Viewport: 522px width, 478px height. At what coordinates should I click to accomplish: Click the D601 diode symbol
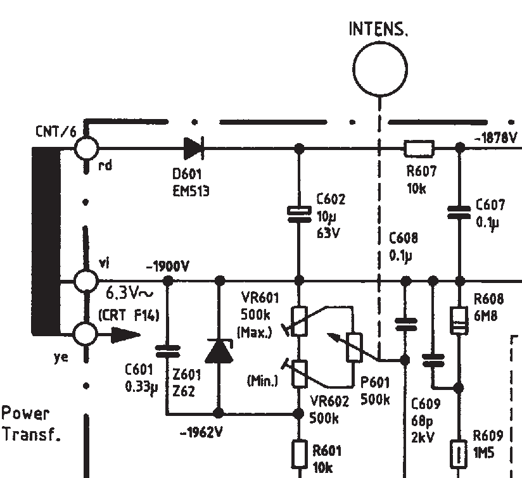click(x=194, y=148)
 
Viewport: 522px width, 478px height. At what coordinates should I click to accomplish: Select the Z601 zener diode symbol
click(x=219, y=350)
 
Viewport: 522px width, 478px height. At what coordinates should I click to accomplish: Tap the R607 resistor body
click(x=419, y=148)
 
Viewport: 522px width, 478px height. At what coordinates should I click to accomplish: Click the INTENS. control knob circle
click(x=380, y=69)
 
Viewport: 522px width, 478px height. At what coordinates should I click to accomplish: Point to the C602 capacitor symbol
click(x=299, y=214)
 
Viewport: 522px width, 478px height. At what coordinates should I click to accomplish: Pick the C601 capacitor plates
click(x=168, y=351)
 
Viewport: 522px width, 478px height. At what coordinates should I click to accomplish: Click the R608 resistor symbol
click(x=459, y=320)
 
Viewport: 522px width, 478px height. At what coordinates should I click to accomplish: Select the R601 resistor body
click(x=299, y=455)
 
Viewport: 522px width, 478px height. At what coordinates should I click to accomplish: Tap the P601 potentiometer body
click(x=353, y=348)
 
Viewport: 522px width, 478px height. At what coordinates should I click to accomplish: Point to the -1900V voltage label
click(x=167, y=266)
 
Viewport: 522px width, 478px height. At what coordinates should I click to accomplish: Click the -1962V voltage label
click(x=201, y=432)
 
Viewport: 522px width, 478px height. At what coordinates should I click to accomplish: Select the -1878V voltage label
click(x=495, y=137)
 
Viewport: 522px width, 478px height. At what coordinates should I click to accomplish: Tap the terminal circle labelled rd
click(x=86, y=148)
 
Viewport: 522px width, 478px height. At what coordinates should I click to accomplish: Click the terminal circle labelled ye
click(x=86, y=335)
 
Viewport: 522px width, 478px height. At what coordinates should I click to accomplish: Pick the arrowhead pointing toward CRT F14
click(x=125, y=335)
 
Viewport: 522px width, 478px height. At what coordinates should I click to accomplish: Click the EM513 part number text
click(x=191, y=191)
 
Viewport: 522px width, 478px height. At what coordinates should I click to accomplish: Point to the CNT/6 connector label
click(x=56, y=132)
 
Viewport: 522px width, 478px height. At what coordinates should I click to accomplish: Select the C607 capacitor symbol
click(x=459, y=212)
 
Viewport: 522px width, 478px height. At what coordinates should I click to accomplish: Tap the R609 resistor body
click(x=459, y=454)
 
